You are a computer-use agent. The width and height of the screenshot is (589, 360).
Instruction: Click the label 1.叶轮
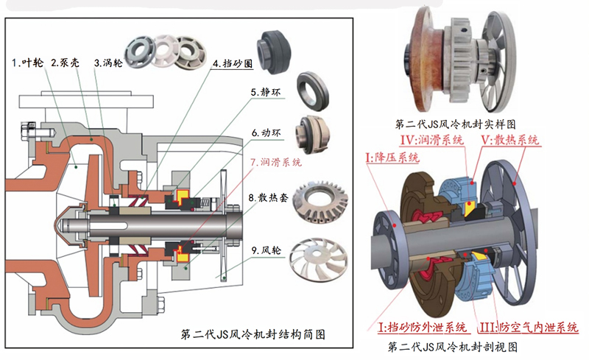[x=28, y=63]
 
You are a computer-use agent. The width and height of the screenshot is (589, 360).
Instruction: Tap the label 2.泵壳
[x=66, y=63]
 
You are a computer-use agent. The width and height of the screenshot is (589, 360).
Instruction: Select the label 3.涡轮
[x=108, y=63]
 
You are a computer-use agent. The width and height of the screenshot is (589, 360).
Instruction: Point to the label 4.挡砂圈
[x=233, y=63]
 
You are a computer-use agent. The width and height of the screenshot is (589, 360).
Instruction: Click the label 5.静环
[x=266, y=92]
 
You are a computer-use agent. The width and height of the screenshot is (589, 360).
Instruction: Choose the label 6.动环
[x=267, y=133]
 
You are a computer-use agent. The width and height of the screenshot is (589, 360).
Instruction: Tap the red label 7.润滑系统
[x=276, y=162]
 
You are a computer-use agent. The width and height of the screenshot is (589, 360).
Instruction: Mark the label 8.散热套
[x=268, y=197]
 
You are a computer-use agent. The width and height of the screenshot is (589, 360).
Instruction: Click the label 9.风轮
[x=267, y=250]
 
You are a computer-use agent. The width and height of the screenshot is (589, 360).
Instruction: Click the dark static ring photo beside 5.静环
[x=312, y=91]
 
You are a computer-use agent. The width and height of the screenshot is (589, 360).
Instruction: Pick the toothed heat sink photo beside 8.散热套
[x=320, y=202]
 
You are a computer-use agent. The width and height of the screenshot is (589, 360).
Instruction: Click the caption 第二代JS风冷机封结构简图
[x=253, y=334]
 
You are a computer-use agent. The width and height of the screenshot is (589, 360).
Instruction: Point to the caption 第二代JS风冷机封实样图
[x=455, y=124]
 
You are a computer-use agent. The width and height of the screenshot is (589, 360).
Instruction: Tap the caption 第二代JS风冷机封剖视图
[x=453, y=346]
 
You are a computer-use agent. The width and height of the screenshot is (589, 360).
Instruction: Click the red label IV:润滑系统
[x=432, y=140]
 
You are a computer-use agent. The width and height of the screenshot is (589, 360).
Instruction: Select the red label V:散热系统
[x=510, y=140]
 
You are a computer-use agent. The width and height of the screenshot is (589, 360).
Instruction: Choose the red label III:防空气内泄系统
[x=529, y=327]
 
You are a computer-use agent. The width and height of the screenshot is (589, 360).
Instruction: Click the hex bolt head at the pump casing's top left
[x=29, y=130]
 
